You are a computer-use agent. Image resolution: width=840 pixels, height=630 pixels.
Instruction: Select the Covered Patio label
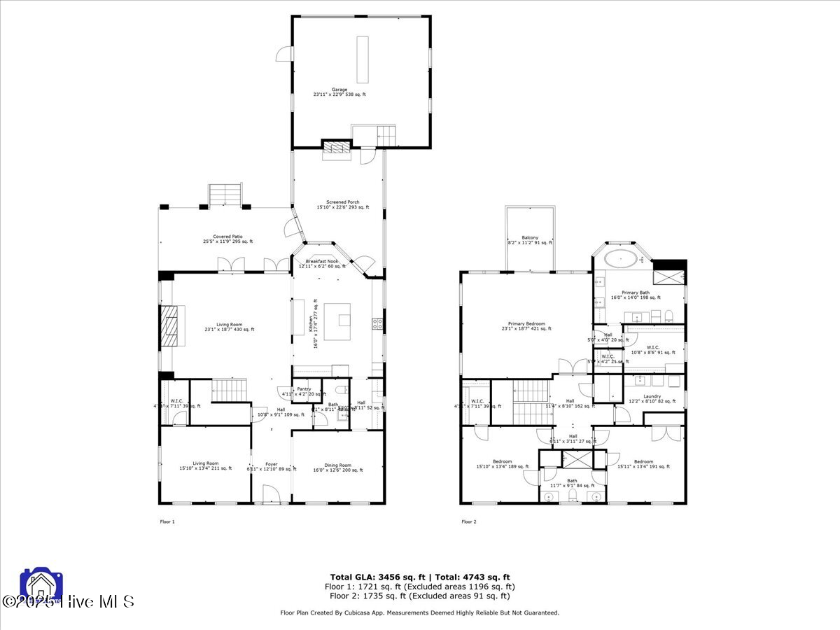tap(228, 239)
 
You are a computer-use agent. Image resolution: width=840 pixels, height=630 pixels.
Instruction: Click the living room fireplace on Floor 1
tap(171, 325)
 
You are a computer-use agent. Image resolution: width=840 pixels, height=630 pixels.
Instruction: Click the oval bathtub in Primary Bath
tap(621, 258)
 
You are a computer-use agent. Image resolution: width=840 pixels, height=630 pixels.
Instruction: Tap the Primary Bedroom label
tap(526, 325)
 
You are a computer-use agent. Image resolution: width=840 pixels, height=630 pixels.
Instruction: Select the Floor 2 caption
tap(468, 521)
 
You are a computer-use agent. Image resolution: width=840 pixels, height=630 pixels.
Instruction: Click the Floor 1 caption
tap(167, 521)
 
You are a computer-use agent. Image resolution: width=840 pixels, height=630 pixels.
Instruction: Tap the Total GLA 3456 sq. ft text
tap(370, 577)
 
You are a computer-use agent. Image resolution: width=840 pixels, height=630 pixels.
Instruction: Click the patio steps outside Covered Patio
tap(225, 195)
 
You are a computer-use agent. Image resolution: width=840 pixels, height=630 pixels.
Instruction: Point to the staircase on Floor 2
tap(531, 402)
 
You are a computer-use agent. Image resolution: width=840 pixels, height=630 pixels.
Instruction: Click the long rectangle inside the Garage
tap(363, 59)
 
